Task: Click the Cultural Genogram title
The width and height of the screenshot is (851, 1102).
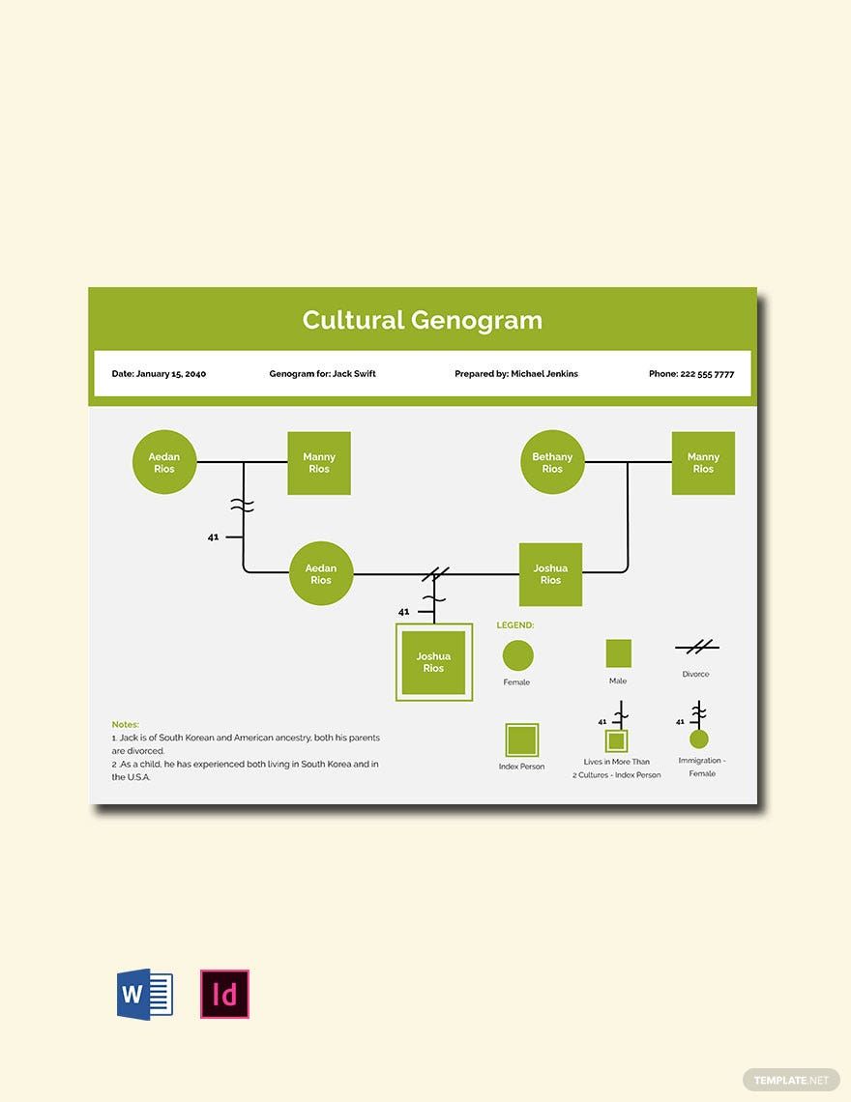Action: click(422, 321)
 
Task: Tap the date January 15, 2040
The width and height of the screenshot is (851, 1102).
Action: click(171, 374)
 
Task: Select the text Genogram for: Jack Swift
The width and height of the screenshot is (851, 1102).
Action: click(322, 374)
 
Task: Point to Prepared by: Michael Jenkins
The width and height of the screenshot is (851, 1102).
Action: click(516, 374)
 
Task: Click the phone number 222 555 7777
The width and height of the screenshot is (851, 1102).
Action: click(707, 374)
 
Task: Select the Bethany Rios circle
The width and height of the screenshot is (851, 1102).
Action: click(552, 462)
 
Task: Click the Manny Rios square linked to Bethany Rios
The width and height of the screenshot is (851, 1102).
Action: click(703, 463)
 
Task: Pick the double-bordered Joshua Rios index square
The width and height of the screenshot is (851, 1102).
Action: click(434, 662)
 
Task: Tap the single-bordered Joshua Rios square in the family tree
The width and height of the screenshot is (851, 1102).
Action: click(550, 574)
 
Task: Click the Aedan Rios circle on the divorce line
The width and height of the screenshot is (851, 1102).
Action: click(321, 573)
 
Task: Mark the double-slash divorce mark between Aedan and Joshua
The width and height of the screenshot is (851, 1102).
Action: click(435, 574)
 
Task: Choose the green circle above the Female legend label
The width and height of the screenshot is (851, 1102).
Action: click(517, 655)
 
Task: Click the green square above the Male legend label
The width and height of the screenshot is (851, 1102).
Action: click(618, 652)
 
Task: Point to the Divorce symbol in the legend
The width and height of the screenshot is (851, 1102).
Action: click(697, 647)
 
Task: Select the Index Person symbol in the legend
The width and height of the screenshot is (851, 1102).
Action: click(522, 740)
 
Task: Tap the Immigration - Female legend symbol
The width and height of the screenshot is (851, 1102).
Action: click(698, 725)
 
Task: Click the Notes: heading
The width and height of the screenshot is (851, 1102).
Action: click(125, 725)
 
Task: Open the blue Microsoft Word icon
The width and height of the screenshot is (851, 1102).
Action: click(145, 995)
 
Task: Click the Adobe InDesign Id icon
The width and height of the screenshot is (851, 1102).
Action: click(225, 995)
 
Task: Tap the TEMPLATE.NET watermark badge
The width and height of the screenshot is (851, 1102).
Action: click(791, 1080)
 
